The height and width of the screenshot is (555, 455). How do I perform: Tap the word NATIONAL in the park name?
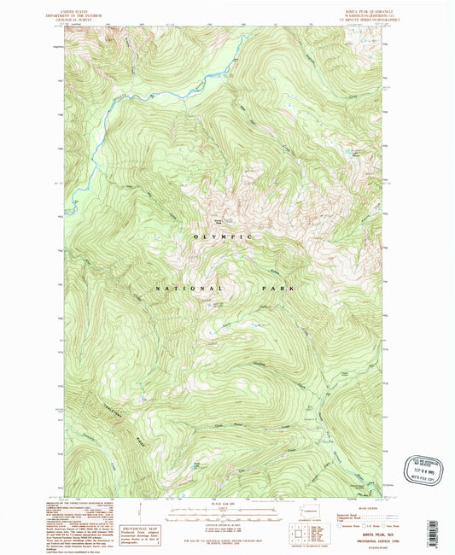[x=180, y=289]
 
